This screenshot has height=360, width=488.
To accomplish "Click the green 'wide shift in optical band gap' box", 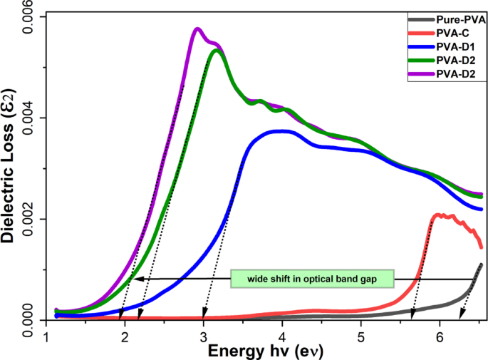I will point(312,278).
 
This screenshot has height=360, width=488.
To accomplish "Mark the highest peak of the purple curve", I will point(197,29).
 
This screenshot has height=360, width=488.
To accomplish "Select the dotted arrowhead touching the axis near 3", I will point(204,317).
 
